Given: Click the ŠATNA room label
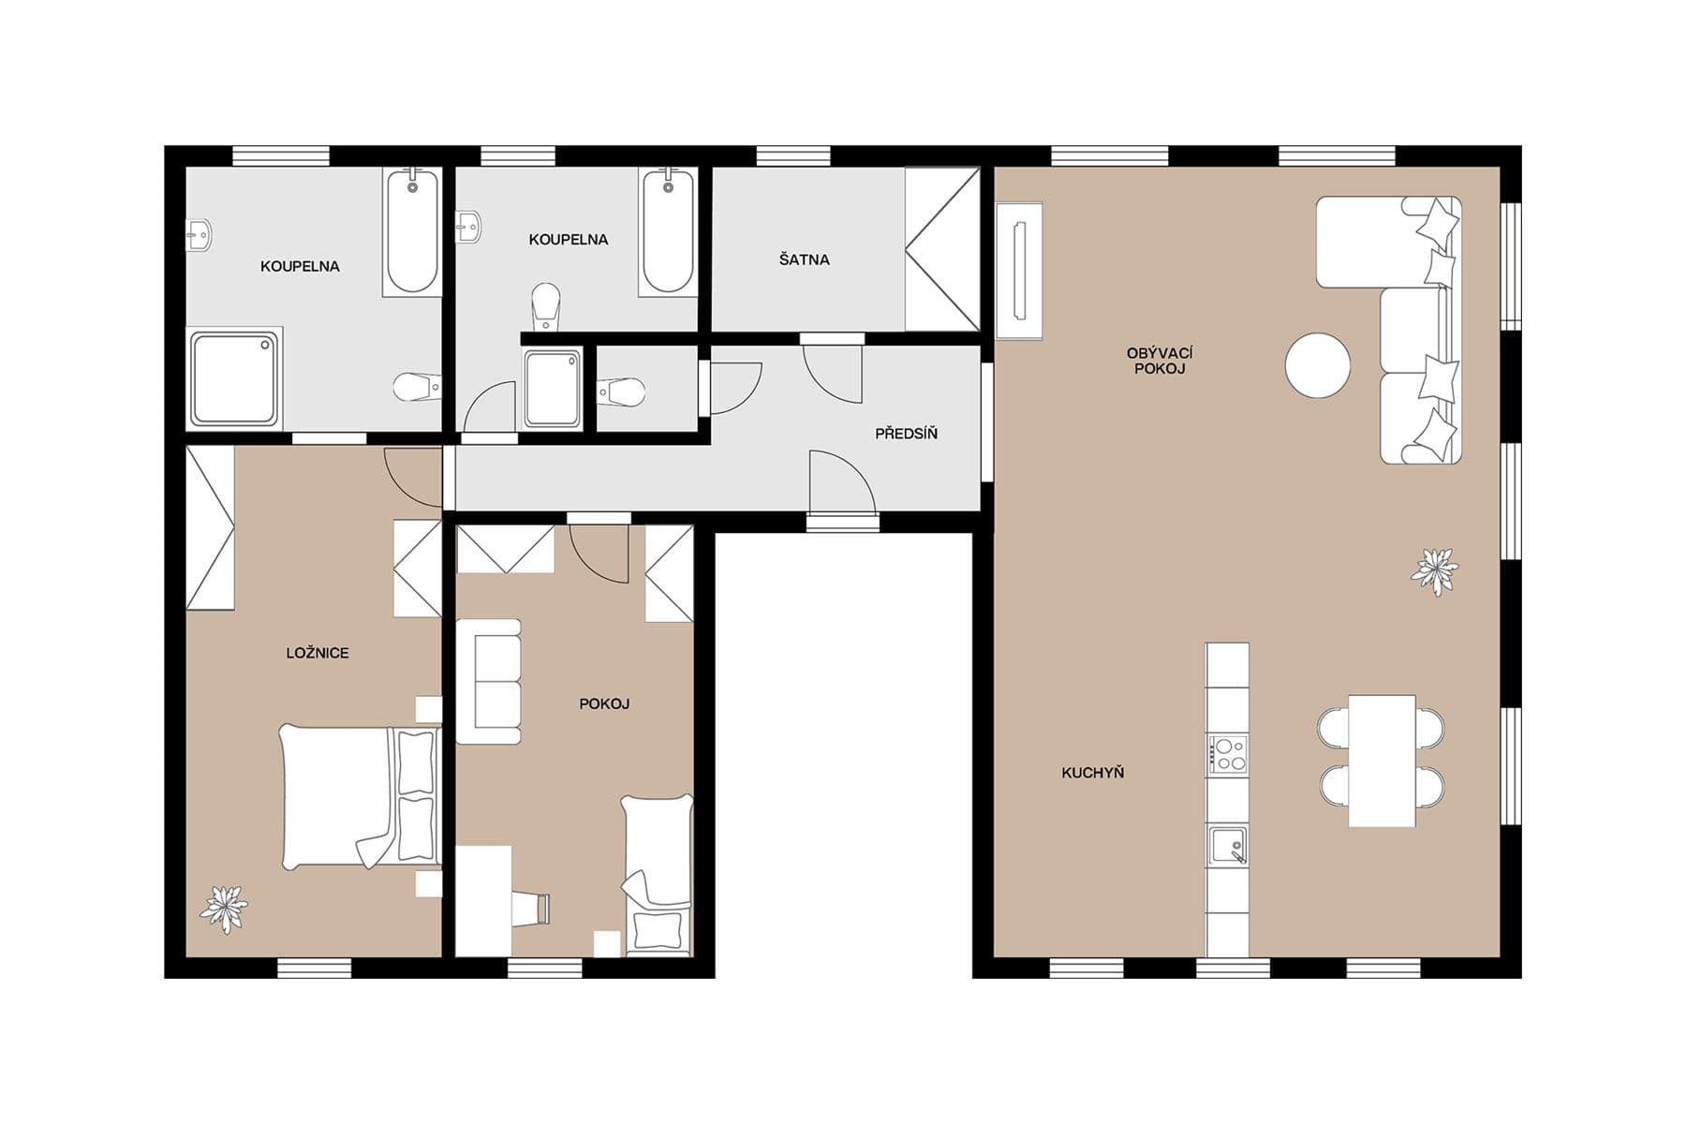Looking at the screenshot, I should pyautogui.click(x=804, y=259).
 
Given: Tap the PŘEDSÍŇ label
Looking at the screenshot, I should pyautogui.click(x=906, y=434).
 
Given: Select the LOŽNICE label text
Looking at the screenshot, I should pyautogui.click(x=318, y=653).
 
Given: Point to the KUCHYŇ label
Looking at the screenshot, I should pyautogui.click(x=1092, y=773).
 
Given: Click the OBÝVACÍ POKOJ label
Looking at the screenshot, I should pyautogui.click(x=1160, y=361).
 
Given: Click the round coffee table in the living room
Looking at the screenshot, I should pyautogui.click(x=1317, y=365).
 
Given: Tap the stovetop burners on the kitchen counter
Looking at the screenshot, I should pyautogui.click(x=1227, y=754).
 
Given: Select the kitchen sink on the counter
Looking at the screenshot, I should pyautogui.click(x=1227, y=845).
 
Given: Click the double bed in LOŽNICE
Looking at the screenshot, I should pyautogui.click(x=356, y=796).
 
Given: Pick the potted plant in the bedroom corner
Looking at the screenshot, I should pyautogui.click(x=224, y=908).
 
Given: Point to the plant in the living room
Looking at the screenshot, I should pyautogui.click(x=1434, y=570).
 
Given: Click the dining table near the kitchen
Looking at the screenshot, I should pyautogui.click(x=1382, y=761).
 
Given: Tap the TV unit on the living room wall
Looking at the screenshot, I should pyautogui.click(x=1019, y=271).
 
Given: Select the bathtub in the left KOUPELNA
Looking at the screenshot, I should pyautogui.click(x=411, y=231).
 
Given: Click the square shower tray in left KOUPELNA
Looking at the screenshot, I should pyautogui.click(x=234, y=379).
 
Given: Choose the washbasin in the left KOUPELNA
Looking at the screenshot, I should pyautogui.click(x=199, y=233).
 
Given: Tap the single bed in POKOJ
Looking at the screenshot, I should pyautogui.click(x=658, y=871).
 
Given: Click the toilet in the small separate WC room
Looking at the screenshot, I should pyautogui.click(x=622, y=392).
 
